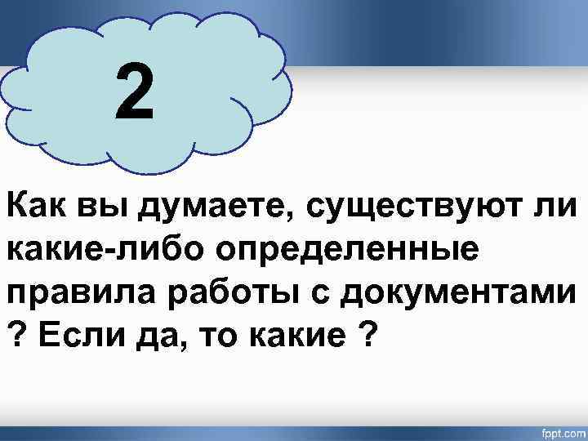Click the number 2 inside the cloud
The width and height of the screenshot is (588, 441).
click(x=134, y=92)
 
